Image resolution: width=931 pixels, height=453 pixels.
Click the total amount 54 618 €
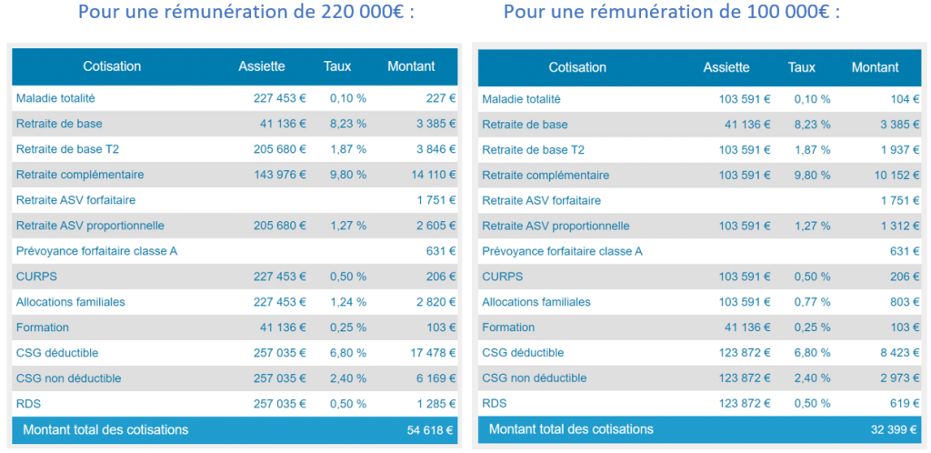click(x=431, y=430)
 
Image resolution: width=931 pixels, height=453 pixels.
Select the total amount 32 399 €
click(x=896, y=429)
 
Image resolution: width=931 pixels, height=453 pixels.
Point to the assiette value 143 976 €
click(x=279, y=175)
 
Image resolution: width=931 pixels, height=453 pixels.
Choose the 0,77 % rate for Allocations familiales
click(x=812, y=302)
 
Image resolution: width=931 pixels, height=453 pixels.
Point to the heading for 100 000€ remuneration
click(x=672, y=14)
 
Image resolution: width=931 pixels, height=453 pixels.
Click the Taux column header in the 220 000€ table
click(x=337, y=66)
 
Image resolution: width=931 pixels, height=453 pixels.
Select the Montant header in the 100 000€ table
click(x=875, y=67)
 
